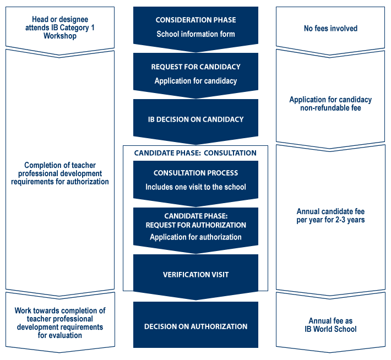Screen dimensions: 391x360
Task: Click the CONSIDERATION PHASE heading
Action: click(196, 20)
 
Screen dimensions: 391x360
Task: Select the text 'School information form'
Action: click(196, 34)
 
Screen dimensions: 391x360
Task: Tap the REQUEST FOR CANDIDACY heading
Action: click(196, 67)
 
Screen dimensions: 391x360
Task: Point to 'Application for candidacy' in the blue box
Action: click(196, 81)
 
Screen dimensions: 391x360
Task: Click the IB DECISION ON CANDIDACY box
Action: click(196, 119)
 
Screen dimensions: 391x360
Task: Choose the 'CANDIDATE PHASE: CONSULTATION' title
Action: click(196, 153)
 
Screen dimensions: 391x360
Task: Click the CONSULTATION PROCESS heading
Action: click(196, 173)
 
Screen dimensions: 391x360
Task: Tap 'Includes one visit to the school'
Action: click(196, 187)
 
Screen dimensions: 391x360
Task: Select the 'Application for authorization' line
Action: click(196, 237)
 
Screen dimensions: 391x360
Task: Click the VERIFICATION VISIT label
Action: click(196, 275)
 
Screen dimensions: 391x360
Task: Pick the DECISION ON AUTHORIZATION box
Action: click(196, 325)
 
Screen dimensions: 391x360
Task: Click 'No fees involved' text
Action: click(330, 29)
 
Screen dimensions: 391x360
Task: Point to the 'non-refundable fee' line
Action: click(330, 108)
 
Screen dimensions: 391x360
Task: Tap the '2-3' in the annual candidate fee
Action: click(341, 220)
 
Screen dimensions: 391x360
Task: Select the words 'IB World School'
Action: click(330, 329)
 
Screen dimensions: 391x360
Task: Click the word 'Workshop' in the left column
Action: click(60, 36)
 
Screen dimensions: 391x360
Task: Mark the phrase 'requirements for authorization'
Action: click(60, 182)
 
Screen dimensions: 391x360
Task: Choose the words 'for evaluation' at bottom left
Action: click(60, 335)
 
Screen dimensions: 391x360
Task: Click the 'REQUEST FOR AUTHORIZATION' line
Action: click(196, 225)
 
